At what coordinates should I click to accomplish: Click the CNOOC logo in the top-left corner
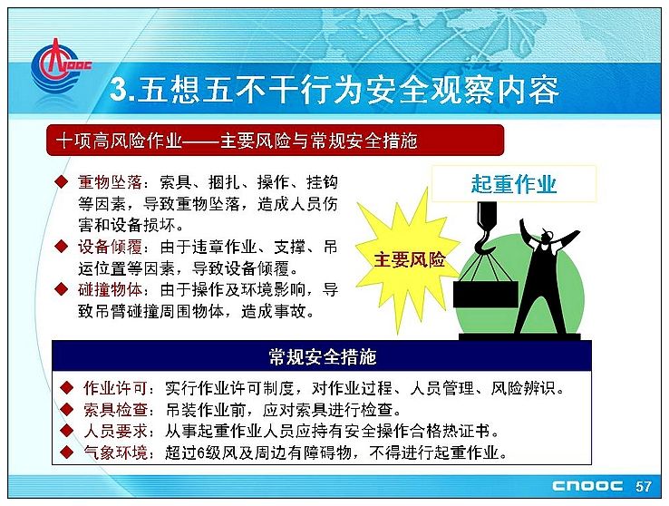pyautogui.click(x=58, y=66)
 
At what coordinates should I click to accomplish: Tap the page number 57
pyautogui.click(x=644, y=486)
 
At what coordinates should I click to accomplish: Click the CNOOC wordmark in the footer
pyautogui.click(x=587, y=486)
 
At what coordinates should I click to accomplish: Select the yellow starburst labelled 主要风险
pyautogui.click(x=408, y=260)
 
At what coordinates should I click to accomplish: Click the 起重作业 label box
pyautogui.click(x=514, y=184)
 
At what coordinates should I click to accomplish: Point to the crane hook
pyautogui.click(x=487, y=230)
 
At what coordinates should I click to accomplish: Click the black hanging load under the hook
pyautogui.click(x=486, y=294)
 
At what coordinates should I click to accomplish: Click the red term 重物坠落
pyautogui.click(x=110, y=182)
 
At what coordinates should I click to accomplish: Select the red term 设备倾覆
pyautogui.click(x=110, y=247)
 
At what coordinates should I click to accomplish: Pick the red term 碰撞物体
pyautogui.click(x=110, y=290)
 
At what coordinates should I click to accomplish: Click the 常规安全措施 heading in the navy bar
pyautogui.click(x=322, y=356)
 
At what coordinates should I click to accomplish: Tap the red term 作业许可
pyautogui.click(x=115, y=388)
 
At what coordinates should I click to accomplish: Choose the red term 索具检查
pyautogui.click(x=115, y=410)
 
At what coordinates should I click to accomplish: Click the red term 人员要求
pyautogui.click(x=115, y=432)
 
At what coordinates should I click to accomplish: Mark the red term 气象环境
pyautogui.click(x=115, y=452)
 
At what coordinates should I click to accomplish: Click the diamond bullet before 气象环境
pyautogui.click(x=66, y=452)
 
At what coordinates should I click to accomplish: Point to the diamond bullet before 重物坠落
pyautogui.click(x=62, y=181)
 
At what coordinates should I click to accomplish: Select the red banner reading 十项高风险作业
pyautogui.click(x=276, y=140)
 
